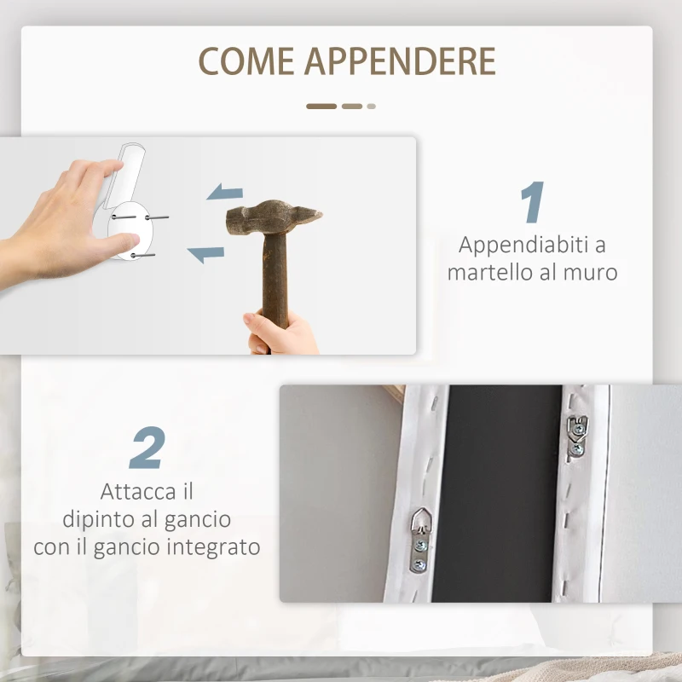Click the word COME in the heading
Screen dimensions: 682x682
click(246, 61)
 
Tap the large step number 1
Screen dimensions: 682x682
click(531, 204)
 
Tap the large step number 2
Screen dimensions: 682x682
click(147, 448)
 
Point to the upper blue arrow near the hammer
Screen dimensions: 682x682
click(225, 193)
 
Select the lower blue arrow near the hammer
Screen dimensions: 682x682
click(205, 252)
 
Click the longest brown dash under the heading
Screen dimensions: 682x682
click(321, 107)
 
